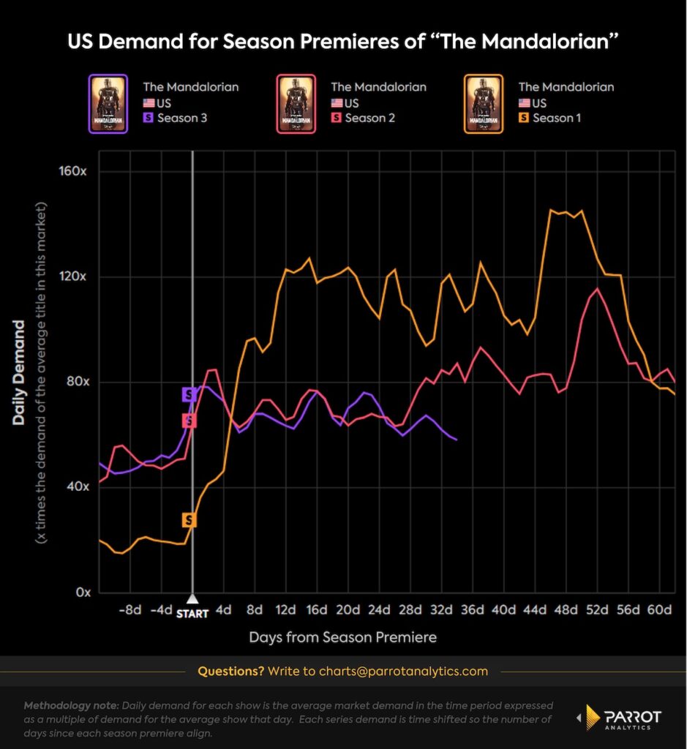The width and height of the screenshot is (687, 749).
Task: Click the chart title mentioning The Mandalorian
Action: [343, 41]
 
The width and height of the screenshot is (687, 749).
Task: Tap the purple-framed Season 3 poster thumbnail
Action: [108, 103]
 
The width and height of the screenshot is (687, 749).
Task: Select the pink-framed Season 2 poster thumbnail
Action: [296, 103]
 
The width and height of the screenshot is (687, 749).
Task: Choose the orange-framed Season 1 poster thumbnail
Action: [483, 103]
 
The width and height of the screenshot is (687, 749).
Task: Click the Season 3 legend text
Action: [182, 118]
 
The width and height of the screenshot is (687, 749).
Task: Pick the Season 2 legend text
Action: [370, 118]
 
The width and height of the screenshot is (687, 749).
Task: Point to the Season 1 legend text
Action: [558, 118]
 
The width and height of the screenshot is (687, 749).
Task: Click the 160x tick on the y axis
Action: [73, 172]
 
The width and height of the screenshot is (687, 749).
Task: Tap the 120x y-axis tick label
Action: [73, 277]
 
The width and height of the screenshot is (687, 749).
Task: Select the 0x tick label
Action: [80, 592]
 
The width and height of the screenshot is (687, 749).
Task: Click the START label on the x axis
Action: [192, 614]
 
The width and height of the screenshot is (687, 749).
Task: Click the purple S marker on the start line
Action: [189, 395]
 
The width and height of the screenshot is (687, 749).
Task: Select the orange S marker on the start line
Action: [189, 520]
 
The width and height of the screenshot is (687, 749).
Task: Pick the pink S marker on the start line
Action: [189, 421]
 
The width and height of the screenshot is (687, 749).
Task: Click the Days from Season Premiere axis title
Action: [342, 637]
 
